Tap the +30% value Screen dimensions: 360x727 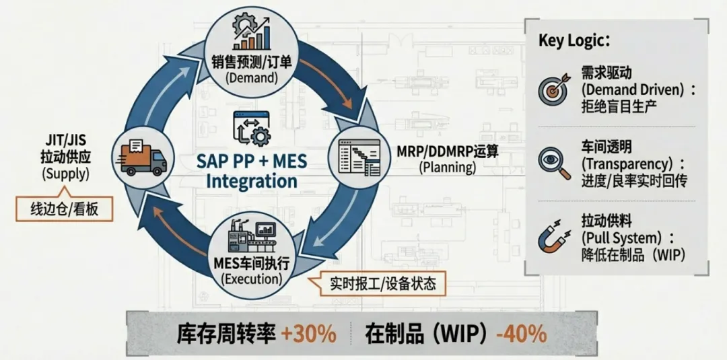point(309,334)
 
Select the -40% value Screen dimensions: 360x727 point(520,334)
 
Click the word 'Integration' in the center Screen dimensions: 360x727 point(252,182)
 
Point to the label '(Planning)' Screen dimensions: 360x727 point(446,167)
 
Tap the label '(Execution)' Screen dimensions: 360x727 point(251,277)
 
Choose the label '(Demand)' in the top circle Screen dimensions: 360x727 point(251,77)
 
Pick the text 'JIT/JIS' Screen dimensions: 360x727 point(65,141)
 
